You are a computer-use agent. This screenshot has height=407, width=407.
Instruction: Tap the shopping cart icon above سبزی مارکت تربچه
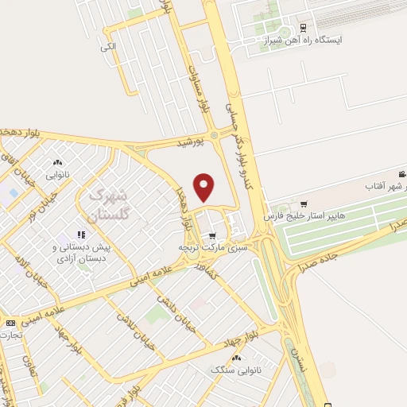coord(211,235)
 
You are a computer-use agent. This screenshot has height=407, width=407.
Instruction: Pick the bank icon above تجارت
coord(10,323)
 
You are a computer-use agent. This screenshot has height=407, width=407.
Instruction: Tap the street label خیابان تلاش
coord(142,330)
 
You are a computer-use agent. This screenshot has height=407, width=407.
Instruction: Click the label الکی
coord(109,47)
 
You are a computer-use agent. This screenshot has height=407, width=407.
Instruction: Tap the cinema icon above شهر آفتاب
coord(401,173)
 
